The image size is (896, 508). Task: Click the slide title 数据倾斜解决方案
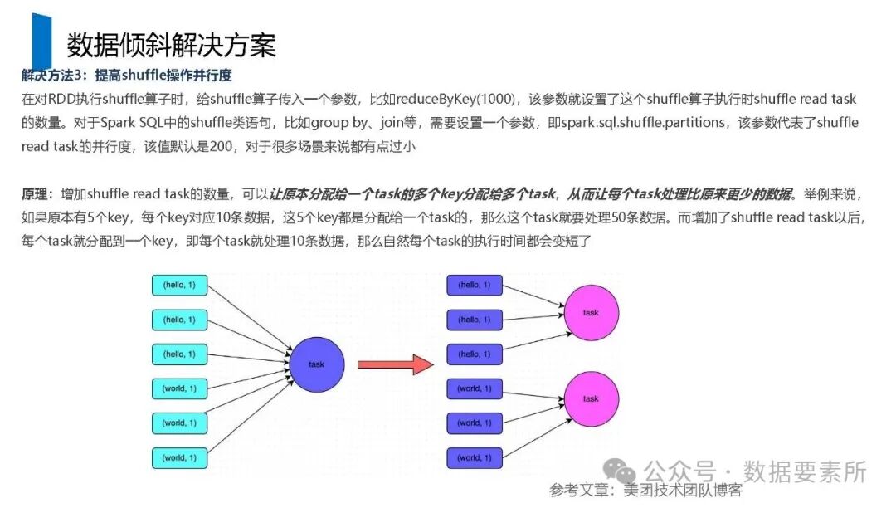pyautogui.click(x=171, y=45)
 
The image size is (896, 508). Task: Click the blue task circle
pyautogui.click(x=316, y=364)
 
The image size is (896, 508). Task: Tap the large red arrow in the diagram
pyautogui.click(x=395, y=364)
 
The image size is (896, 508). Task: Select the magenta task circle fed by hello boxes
pyautogui.click(x=591, y=313)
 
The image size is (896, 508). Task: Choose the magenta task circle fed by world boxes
pyautogui.click(x=591, y=398)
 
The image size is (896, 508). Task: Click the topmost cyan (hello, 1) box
pyautogui.click(x=179, y=285)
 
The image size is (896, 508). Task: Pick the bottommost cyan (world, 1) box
pyautogui.click(x=179, y=457)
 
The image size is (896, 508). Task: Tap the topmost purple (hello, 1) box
pyautogui.click(x=475, y=285)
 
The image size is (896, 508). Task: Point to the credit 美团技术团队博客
pyautogui.click(x=683, y=491)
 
